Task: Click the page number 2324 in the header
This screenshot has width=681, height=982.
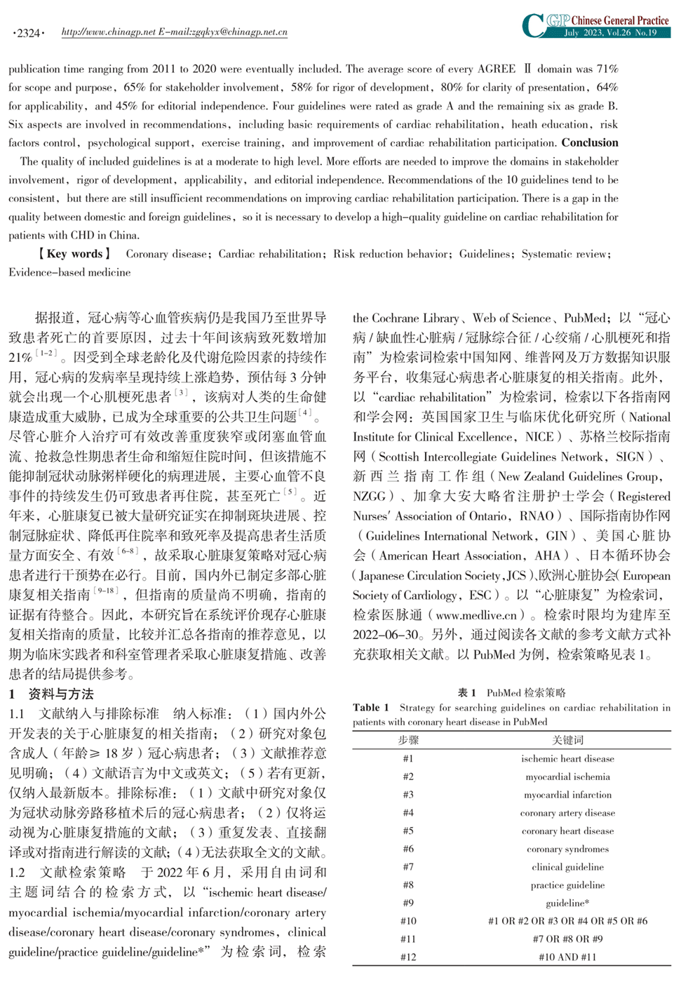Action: pos(29,33)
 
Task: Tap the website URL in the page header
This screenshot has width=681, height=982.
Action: pos(174,32)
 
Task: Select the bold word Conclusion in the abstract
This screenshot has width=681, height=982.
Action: pos(590,143)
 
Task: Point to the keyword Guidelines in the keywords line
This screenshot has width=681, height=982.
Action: pos(486,254)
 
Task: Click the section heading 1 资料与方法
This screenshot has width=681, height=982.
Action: pos(51,694)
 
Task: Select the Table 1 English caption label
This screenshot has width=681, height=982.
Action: pos(367,708)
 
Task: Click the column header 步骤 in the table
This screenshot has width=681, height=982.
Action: pos(408,740)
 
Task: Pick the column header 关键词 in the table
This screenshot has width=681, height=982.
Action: pos(567,740)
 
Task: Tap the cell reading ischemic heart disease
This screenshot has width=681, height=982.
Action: pos(567,759)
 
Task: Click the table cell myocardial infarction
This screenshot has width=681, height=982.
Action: pos(567,795)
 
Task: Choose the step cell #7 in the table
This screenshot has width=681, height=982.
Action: pos(408,867)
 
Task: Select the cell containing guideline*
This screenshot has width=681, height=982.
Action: pos(567,903)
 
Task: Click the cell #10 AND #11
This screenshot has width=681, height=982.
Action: pos(567,957)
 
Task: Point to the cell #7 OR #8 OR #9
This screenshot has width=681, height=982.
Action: pos(567,939)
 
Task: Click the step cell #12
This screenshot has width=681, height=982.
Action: pos(408,957)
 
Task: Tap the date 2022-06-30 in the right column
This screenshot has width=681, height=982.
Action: pos(385,635)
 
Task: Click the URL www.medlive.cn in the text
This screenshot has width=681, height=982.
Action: pos(476,615)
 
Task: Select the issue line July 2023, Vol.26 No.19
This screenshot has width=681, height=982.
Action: pos(610,33)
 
